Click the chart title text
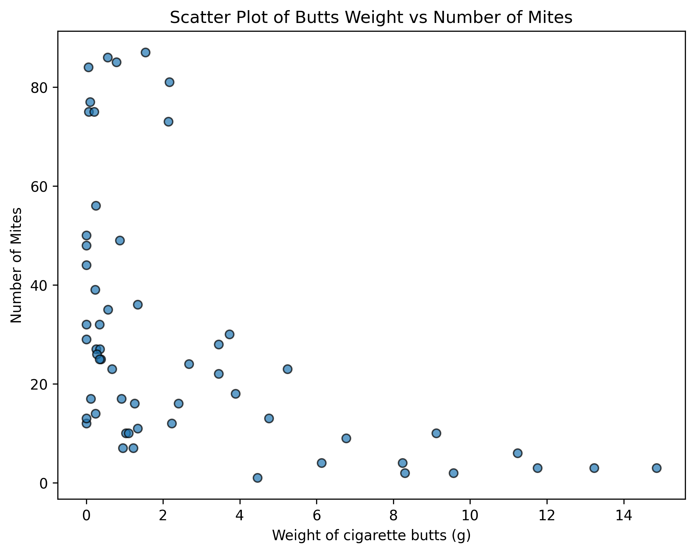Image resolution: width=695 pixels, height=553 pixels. [x=371, y=18]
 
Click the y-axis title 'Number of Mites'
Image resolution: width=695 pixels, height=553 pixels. [x=16, y=265]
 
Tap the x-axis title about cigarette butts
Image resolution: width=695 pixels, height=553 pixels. [x=371, y=535]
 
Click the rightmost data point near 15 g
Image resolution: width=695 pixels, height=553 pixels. [x=657, y=468]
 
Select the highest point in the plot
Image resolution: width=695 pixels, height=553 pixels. [x=145, y=52]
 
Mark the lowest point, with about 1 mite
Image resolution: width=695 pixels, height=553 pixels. [x=257, y=478]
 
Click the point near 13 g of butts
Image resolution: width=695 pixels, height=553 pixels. [x=594, y=468]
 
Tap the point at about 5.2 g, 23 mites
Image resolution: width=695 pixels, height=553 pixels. [x=287, y=369]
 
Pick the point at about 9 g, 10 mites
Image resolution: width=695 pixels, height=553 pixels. [x=436, y=433]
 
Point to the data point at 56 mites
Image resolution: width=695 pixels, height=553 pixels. [x=96, y=206]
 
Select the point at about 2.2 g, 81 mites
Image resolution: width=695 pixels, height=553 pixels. [x=169, y=82]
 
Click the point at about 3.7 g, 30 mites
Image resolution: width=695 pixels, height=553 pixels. [x=229, y=334]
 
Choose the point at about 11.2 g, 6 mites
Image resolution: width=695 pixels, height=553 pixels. [x=518, y=453]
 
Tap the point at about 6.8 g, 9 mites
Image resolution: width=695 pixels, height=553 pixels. [x=346, y=438]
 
